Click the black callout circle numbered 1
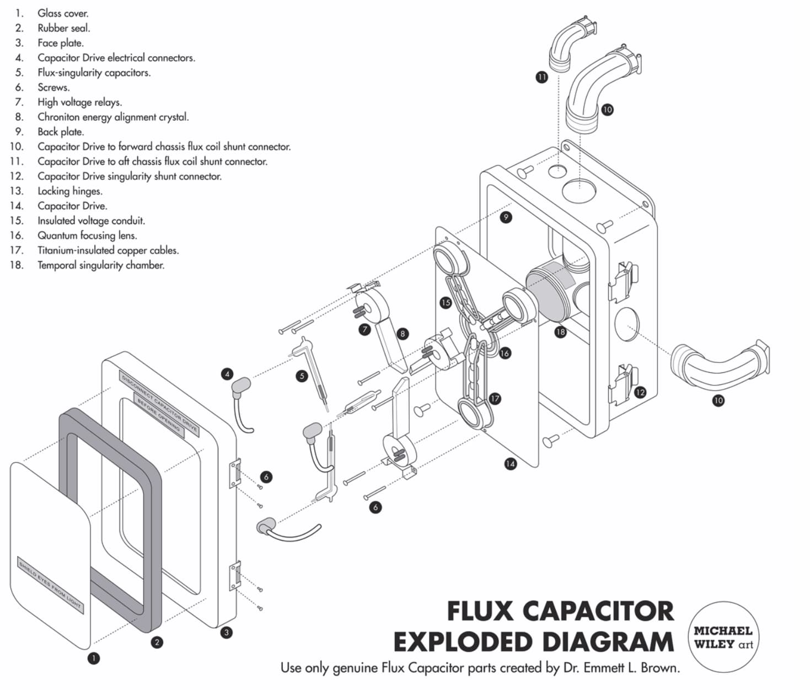(x=94, y=657)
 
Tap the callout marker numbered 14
(x=510, y=464)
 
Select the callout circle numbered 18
(x=560, y=331)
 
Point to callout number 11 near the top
(x=541, y=77)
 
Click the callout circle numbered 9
(x=505, y=217)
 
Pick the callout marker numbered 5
(x=301, y=376)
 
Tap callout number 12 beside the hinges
(x=640, y=392)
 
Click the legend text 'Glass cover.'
(x=63, y=13)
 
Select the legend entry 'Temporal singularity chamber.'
(x=101, y=265)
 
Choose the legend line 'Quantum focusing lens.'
(x=87, y=236)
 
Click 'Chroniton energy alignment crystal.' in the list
(x=113, y=117)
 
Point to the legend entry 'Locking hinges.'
(x=70, y=191)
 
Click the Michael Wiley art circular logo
(x=722, y=637)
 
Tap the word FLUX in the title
(x=479, y=611)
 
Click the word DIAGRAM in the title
(x=608, y=641)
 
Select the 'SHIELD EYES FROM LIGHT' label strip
(x=50, y=584)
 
